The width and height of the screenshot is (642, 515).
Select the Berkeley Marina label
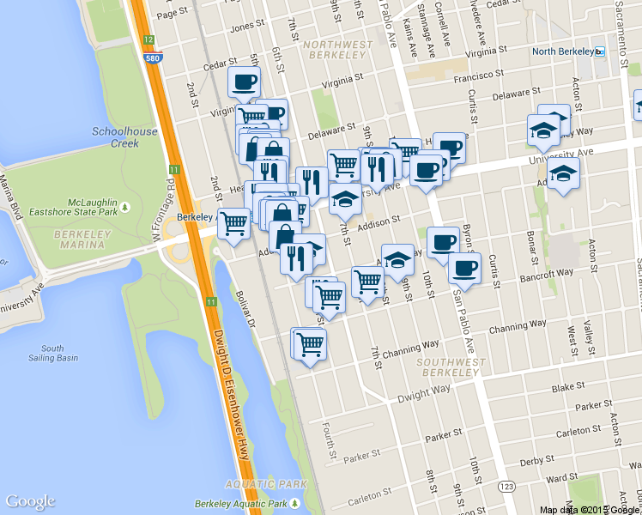pos(84,239)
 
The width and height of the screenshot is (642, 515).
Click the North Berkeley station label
pos(563,51)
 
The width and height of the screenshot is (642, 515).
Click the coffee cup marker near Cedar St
pos(243,82)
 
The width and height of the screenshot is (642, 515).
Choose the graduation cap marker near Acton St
pos(563,175)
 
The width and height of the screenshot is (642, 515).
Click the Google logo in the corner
pos(30,501)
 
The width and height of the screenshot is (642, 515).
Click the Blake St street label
pos(568,388)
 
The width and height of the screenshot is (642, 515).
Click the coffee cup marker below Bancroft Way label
pos(463,268)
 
